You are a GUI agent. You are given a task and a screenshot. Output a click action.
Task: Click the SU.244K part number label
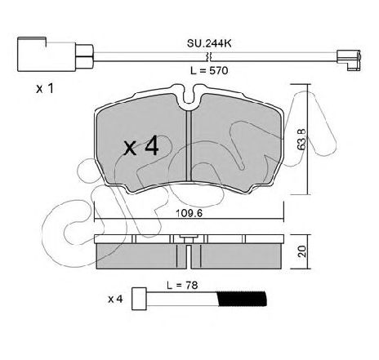209,43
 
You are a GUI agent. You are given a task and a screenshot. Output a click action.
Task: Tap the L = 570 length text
209,71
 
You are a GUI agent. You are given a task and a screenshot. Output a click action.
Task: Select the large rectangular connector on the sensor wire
47,55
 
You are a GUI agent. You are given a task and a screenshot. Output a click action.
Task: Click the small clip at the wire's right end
349,60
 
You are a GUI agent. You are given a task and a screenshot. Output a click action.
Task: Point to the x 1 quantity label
45,88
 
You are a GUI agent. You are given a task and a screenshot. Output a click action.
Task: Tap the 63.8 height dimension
301,139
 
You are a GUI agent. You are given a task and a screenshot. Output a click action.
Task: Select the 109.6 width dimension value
189,213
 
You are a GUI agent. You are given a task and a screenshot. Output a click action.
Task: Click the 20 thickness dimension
302,251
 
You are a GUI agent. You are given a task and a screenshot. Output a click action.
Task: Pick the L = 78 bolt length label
182,285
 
